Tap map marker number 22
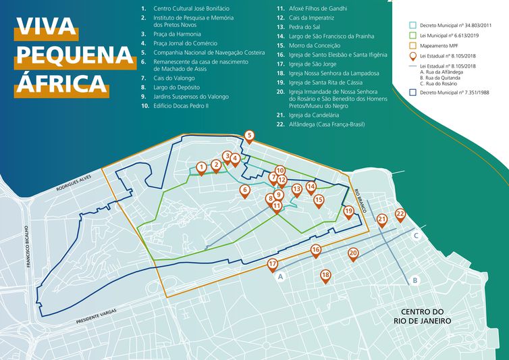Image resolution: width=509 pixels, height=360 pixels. [x=400, y=214]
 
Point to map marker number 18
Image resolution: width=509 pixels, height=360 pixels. [x=325, y=275]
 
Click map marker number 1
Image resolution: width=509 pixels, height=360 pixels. [x=201, y=166]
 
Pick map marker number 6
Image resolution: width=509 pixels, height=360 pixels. [x=245, y=190]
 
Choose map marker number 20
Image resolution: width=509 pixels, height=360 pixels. [x=352, y=253]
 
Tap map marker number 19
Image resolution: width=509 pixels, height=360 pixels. [x=348, y=211]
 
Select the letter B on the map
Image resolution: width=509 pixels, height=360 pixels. [x=416, y=280]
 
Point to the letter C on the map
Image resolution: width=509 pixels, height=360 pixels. [x=417, y=236]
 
